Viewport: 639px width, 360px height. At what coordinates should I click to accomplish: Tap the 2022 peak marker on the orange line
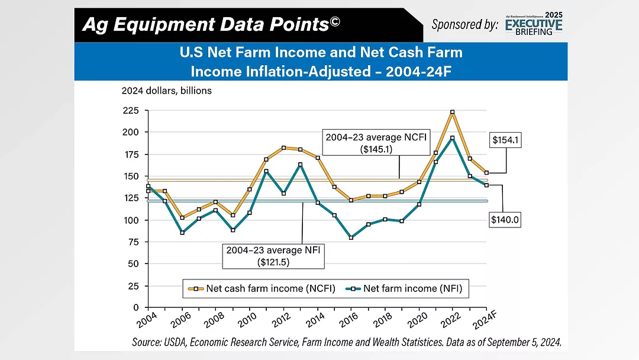[453, 112]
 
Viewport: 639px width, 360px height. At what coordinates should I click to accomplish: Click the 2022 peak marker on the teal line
[453, 138]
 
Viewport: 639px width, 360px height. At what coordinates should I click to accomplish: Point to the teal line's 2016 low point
[351, 237]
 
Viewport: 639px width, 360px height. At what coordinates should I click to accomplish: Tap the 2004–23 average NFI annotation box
[274, 256]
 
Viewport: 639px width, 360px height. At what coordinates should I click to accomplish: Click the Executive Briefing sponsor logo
[534, 24]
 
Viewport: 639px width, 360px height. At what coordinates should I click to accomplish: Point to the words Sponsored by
[464, 25]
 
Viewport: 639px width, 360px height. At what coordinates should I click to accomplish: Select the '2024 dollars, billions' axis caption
[166, 91]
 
